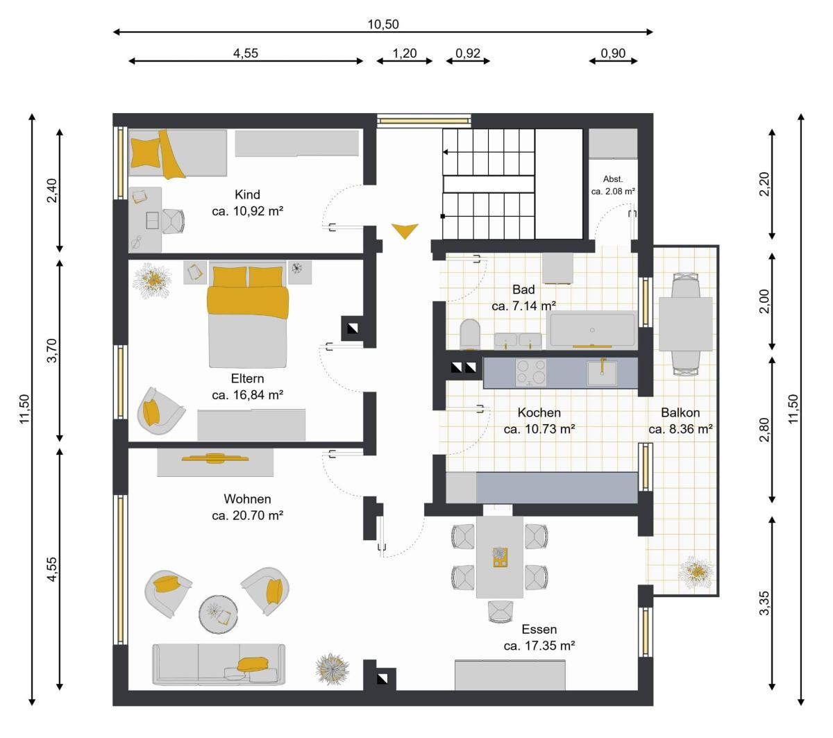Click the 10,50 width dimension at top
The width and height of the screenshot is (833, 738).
(x=382, y=25)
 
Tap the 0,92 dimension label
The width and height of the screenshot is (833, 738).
(x=467, y=53)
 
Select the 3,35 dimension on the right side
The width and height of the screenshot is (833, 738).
(x=764, y=603)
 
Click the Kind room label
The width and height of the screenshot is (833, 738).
(x=247, y=194)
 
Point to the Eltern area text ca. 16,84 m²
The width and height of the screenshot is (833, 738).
(x=248, y=395)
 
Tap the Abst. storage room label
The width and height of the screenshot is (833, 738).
(x=613, y=179)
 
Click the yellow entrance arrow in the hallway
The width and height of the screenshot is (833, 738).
(x=405, y=230)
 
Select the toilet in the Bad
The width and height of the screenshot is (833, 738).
(x=470, y=335)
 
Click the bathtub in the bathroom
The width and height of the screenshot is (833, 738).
(x=592, y=329)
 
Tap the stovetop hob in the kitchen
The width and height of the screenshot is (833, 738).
(x=531, y=373)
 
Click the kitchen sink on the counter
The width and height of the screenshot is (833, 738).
(x=602, y=373)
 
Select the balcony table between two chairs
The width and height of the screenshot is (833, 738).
(x=685, y=324)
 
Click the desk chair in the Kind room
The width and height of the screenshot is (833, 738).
(x=173, y=221)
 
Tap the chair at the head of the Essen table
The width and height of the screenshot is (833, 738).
(x=500, y=612)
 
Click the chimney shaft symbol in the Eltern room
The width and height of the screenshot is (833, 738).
(x=353, y=328)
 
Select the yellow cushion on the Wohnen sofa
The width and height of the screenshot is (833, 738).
(x=253, y=664)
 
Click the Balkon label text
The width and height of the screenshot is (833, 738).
(x=680, y=412)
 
